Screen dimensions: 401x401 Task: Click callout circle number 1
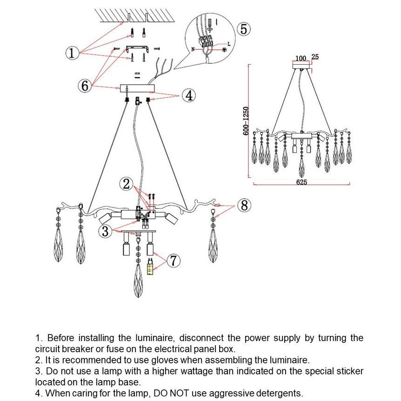(x=71, y=53)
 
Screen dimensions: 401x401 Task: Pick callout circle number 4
(x=188, y=96)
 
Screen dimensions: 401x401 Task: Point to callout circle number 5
(x=244, y=29)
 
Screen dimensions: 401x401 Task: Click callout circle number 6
(x=84, y=86)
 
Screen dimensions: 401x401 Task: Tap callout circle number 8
(x=244, y=205)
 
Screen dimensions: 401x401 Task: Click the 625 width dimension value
(x=301, y=182)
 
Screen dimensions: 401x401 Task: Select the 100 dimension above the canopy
(x=301, y=58)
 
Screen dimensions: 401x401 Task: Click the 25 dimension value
(x=315, y=57)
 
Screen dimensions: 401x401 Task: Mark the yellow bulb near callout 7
(x=150, y=268)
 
